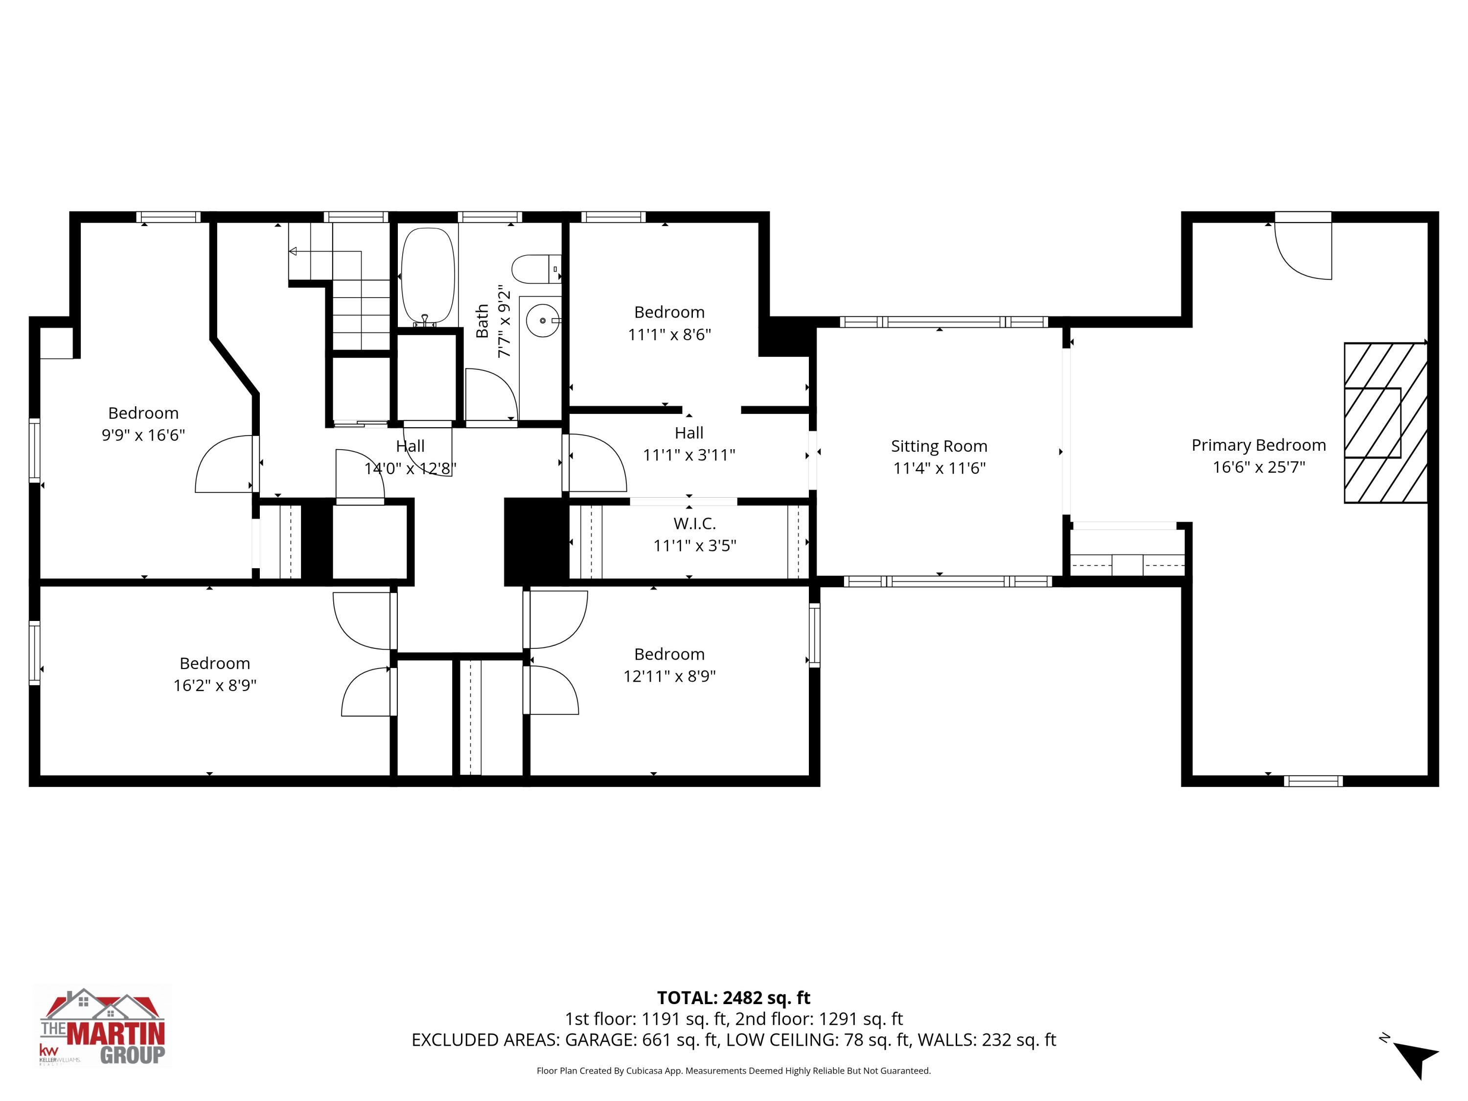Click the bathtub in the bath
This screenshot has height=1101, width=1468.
(429, 276)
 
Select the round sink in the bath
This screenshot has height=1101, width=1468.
(543, 321)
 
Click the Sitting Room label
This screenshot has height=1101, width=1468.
(939, 446)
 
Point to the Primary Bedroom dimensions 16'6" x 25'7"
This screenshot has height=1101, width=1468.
(1258, 467)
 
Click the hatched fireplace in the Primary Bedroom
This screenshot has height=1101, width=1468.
(1384, 422)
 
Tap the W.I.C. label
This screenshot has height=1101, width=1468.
(694, 524)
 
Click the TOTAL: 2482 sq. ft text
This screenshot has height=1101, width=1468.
(734, 997)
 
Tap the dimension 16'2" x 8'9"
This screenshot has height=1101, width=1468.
(214, 685)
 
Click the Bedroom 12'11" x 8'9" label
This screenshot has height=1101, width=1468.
(669, 654)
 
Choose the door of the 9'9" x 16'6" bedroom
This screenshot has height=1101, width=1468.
(224, 464)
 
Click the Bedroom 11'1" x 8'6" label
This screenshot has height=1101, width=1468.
(669, 312)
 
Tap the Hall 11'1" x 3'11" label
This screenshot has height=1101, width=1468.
(689, 433)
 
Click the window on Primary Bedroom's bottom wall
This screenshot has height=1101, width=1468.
(1313, 781)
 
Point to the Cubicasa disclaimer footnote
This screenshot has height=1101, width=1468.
(734, 1071)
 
